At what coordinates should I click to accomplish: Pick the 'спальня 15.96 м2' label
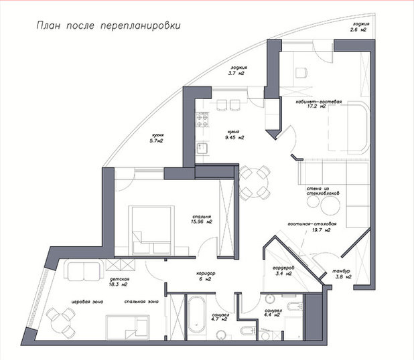tap(200, 219)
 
